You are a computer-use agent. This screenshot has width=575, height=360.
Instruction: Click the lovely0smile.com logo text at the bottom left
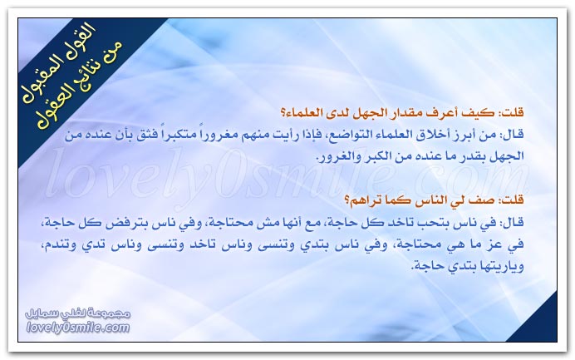coord(78,328)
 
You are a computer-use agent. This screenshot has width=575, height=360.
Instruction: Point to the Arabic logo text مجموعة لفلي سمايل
coord(78,314)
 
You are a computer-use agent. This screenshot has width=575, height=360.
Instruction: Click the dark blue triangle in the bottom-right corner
coord(539,323)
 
